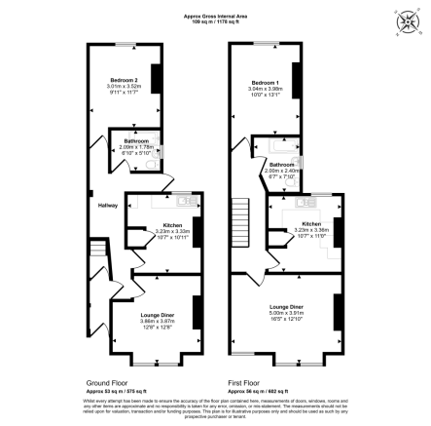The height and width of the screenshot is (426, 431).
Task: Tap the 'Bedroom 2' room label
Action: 123,80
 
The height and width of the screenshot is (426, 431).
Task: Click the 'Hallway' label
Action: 107,205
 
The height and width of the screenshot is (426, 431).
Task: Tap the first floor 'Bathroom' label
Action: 281,164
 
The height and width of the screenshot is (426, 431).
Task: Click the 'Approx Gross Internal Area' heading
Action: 216,15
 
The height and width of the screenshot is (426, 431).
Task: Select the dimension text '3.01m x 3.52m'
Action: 123,87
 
